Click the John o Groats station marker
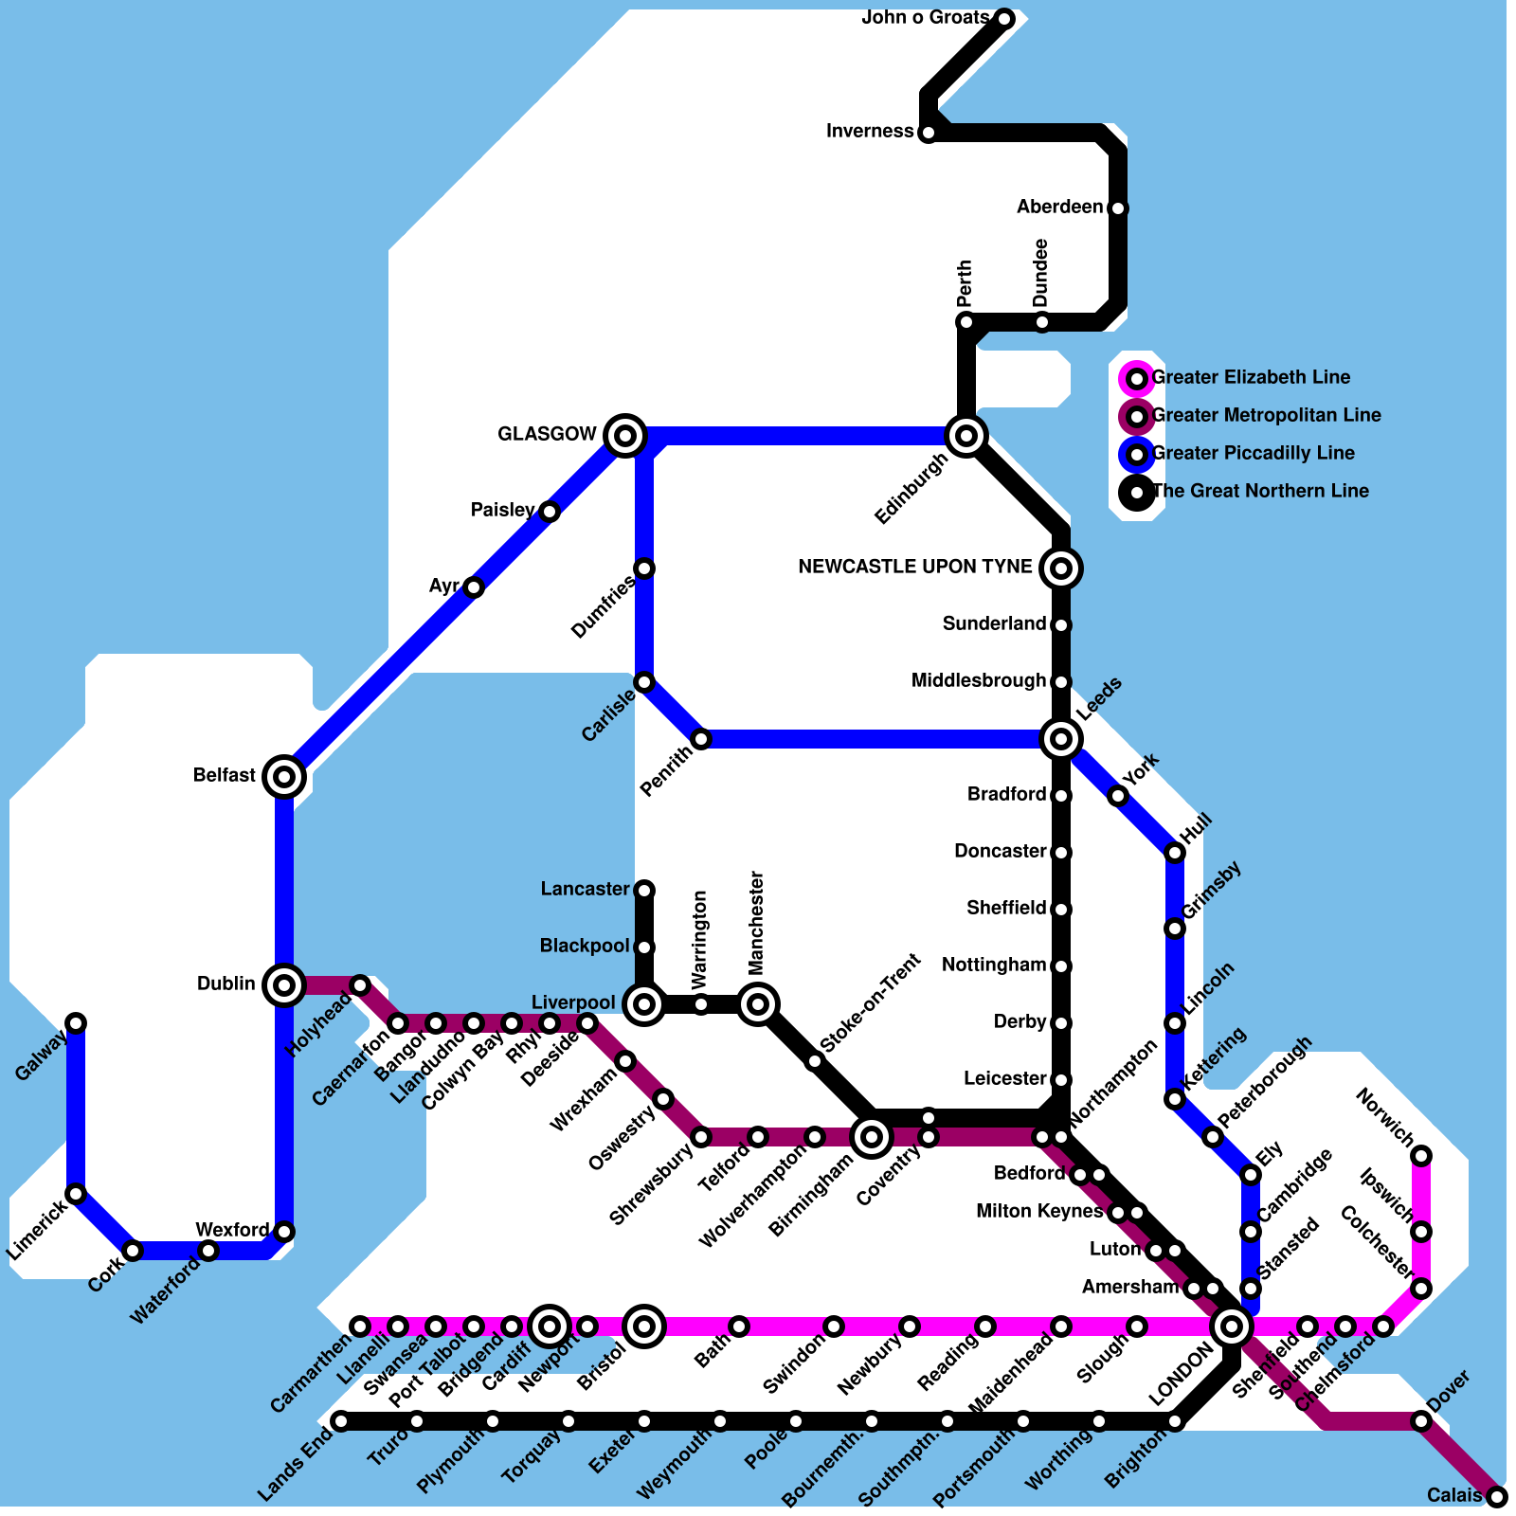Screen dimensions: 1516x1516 point(1004,18)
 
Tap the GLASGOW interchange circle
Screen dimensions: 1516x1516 point(625,436)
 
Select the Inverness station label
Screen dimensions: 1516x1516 point(870,132)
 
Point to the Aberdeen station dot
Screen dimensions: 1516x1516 point(1118,208)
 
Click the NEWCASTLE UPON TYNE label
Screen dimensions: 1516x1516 point(915,568)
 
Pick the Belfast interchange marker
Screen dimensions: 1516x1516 point(284,777)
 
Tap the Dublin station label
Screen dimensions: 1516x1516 point(226,984)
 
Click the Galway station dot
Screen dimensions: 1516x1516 point(76,1022)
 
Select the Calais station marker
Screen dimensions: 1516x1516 point(1496,1497)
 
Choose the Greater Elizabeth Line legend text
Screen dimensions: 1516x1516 point(1251,378)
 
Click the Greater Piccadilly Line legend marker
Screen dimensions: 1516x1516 point(1137,455)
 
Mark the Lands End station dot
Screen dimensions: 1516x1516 point(341,1421)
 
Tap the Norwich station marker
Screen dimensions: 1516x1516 point(1421,1156)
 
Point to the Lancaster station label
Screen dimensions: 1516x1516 point(585,890)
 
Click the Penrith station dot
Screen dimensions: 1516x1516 point(701,739)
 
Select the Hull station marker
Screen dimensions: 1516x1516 point(1175,853)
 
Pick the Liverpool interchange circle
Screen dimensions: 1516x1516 point(644,1004)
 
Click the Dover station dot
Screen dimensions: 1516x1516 point(1421,1421)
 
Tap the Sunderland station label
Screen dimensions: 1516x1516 point(994,624)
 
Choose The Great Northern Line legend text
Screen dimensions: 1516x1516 point(1260,492)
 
